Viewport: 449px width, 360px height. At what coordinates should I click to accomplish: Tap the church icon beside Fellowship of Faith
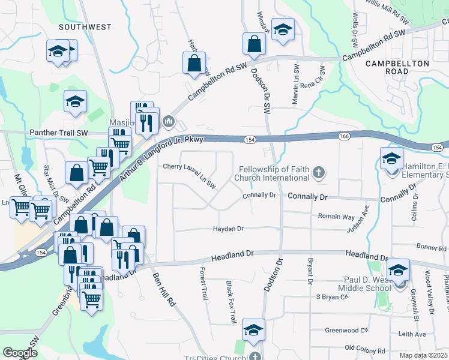coord(318,173)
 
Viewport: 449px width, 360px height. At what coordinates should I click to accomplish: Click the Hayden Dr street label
coord(228,229)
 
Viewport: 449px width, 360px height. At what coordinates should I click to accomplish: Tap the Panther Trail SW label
coord(59,133)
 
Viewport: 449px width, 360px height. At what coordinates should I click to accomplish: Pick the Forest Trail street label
coord(203,284)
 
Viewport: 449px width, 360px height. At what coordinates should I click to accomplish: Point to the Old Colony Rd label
coord(365,350)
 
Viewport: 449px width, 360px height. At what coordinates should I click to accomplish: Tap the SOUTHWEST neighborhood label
coord(85,27)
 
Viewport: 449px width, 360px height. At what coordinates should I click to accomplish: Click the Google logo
coord(20,353)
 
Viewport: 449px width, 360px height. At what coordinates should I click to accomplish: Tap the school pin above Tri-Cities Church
coord(253,330)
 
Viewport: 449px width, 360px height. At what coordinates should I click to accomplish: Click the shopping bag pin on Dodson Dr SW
coord(254,44)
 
